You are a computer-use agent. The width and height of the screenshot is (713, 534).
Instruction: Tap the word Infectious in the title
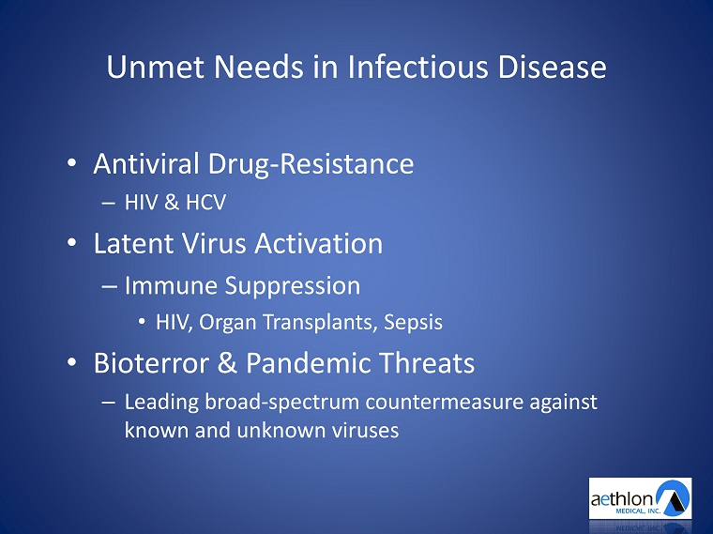(x=417, y=67)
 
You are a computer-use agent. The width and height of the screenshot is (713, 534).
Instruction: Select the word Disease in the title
(x=552, y=67)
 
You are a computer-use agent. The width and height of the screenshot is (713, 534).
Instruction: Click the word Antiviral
(x=146, y=163)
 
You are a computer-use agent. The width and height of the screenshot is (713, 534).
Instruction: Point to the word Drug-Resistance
(x=311, y=164)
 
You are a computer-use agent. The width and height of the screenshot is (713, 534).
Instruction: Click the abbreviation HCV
(x=206, y=203)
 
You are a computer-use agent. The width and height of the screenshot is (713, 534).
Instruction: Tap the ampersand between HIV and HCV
(x=172, y=203)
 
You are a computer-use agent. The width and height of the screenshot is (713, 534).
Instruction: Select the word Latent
(x=133, y=243)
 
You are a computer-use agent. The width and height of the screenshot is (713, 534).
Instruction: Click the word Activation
(x=318, y=243)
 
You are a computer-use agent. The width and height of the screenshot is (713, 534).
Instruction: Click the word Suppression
(x=293, y=286)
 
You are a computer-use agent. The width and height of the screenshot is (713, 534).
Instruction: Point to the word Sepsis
(x=413, y=323)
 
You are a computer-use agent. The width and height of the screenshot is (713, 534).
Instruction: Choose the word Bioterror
(x=151, y=363)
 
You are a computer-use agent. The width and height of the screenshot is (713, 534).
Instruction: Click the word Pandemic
(x=309, y=363)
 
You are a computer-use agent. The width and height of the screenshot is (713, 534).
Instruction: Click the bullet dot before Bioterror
(x=72, y=362)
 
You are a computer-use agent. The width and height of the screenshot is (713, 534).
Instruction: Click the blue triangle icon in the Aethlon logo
(x=675, y=498)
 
